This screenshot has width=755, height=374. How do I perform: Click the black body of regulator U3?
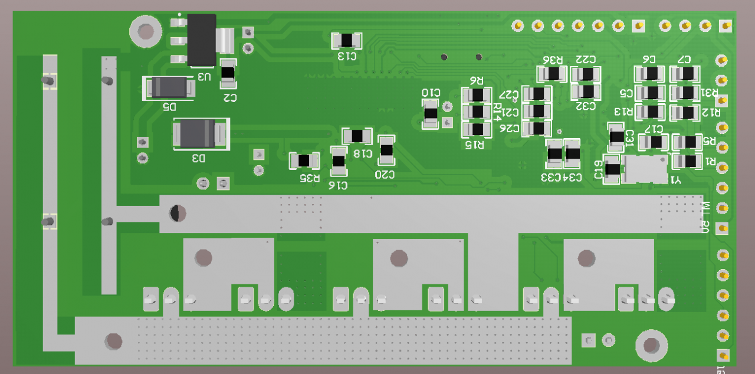tap(201, 40)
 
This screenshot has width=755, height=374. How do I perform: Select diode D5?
tap(169, 88)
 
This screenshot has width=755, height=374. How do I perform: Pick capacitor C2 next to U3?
tap(228, 73)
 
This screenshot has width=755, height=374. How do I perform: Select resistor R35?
tap(304, 160)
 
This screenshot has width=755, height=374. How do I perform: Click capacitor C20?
tap(386, 150)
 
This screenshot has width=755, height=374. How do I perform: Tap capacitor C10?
tap(431, 114)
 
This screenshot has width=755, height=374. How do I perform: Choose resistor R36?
tap(552, 74)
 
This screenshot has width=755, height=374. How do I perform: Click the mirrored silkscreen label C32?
tap(585, 106)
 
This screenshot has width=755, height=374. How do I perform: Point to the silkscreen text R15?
tap(475, 145)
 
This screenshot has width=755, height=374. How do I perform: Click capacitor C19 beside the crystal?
tap(612, 170)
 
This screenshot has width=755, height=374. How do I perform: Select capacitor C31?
tap(616, 137)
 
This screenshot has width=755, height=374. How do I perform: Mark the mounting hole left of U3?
tap(145, 31)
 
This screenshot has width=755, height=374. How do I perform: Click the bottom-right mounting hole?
tap(651, 345)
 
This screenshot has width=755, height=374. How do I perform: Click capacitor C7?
tap(685, 74)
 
